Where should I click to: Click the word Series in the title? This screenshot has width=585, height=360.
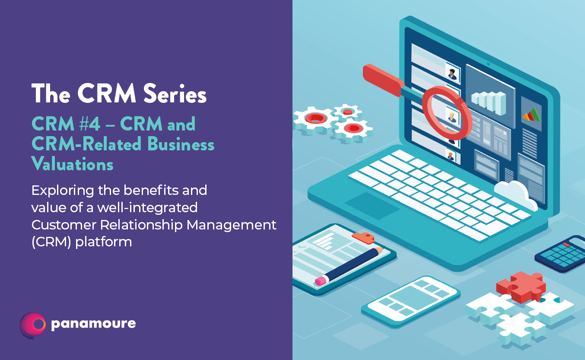(175, 93)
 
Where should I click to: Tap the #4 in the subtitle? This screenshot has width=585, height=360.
(89, 124)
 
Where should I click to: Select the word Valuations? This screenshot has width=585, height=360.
(72, 164)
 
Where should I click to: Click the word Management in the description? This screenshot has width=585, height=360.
(232, 225)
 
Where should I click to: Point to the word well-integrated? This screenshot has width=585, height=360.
(147, 208)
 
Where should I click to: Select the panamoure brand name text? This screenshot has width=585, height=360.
(93, 324)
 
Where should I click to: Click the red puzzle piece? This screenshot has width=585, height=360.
(521, 287)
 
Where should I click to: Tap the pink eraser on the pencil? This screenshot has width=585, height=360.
(321, 280)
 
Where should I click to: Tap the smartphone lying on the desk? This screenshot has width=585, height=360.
(411, 301)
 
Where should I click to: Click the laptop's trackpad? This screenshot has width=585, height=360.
(372, 206)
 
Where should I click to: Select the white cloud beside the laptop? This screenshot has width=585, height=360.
(515, 194)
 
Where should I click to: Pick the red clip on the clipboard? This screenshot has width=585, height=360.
(363, 237)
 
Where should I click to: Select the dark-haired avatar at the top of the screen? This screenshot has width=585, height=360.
(452, 73)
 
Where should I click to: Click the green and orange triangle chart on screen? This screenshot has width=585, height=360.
(531, 114)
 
